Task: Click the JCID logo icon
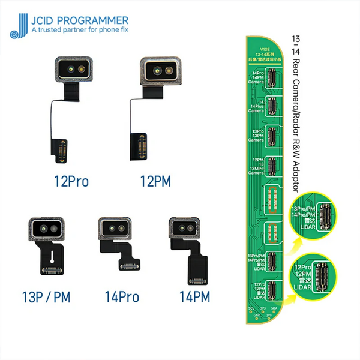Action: (x=22, y=22)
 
